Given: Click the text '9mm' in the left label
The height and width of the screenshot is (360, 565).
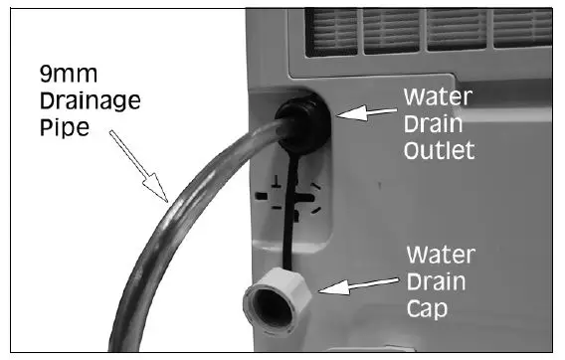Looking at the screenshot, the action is tap(63, 74).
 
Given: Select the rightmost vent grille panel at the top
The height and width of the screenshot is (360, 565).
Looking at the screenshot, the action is tap(521, 31).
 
